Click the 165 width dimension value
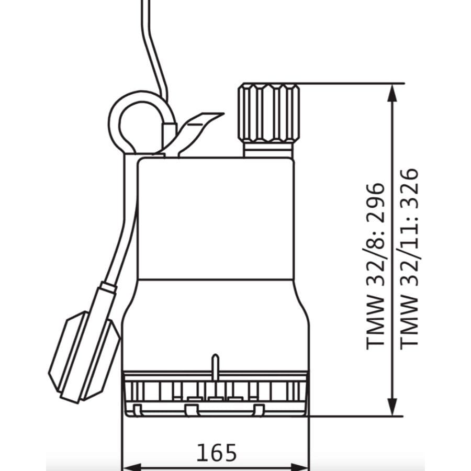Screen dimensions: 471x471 tap(216, 452)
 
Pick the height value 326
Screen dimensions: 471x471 tap(409, 188)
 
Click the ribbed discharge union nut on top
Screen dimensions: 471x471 tap(269, 113)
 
